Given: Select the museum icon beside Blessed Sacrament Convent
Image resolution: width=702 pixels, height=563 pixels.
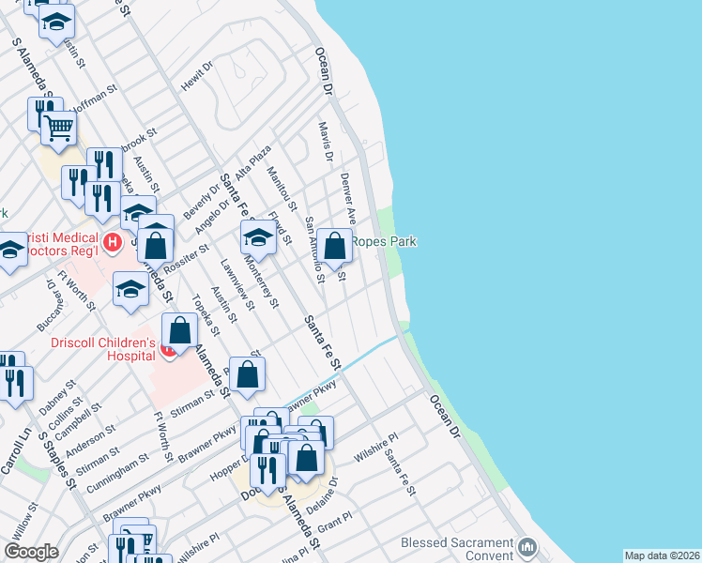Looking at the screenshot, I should click(527, 546).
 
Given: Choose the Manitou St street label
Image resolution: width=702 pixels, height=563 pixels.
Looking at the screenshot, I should click(281, 188).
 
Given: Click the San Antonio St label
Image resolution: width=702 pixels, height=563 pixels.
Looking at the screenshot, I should click(313, 250).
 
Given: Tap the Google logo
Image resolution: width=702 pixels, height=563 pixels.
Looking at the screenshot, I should click(31, 552).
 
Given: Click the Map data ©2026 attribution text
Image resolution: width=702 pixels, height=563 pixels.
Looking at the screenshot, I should click(662, 555).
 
